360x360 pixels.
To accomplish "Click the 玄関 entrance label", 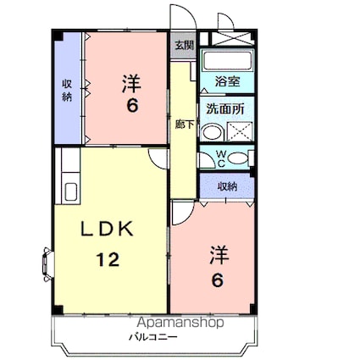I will [183, 46].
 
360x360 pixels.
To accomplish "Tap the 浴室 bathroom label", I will [226, 82].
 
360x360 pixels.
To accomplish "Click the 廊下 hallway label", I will [181, 123].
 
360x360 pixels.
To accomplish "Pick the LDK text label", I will [108, 230].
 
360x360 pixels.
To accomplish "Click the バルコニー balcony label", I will [152, 336].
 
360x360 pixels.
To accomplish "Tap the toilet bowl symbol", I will [238, 158].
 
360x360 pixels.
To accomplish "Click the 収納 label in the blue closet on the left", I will [67, 91].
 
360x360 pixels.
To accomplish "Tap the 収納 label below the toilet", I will [227, 186].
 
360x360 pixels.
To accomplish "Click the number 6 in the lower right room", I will [217, 280].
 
